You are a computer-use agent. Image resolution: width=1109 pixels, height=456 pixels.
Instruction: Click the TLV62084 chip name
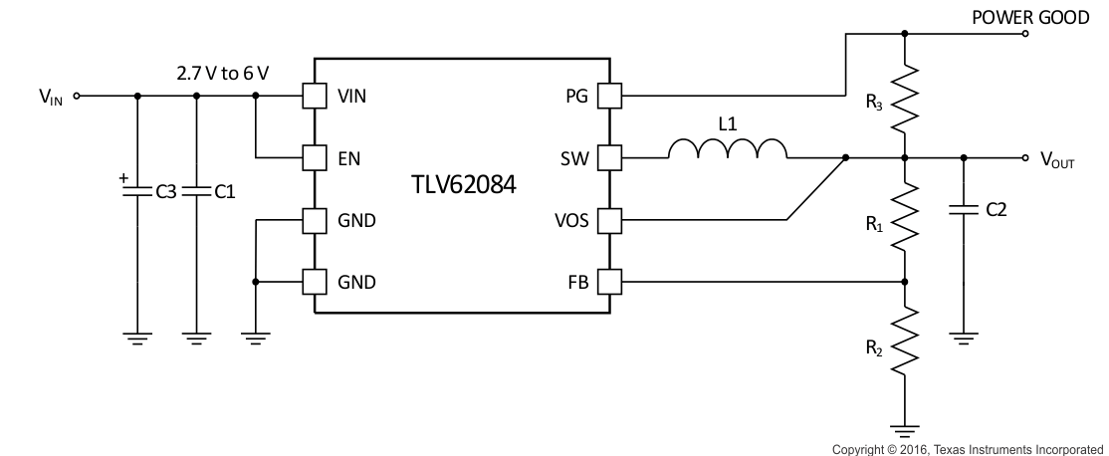[463, 185]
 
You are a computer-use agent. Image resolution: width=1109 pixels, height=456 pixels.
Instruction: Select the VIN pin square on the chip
[315, 97]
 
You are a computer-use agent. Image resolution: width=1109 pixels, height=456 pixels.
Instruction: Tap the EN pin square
[315, 157]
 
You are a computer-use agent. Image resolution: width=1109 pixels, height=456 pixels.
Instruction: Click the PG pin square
[608, 97]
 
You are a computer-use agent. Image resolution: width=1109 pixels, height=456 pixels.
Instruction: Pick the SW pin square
[608, 157]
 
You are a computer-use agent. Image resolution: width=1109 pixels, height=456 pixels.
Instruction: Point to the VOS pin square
[608, 220]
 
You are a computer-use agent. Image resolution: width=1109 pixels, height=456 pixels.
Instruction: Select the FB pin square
[608, 282]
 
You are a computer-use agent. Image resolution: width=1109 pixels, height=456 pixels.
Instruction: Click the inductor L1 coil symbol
[727, 148]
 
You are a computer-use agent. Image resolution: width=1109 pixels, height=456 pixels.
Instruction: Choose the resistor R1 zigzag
[905, 218]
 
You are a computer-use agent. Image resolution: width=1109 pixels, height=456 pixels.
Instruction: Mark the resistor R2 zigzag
[905, 342]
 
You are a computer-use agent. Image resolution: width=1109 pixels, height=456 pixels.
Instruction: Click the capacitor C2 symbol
[964, 209]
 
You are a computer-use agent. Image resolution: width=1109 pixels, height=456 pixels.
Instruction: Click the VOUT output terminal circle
[1025, 157]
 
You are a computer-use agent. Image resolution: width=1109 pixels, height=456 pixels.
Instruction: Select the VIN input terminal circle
[77, 97]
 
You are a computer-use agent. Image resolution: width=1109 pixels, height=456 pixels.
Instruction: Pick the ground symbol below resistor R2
[905, 430]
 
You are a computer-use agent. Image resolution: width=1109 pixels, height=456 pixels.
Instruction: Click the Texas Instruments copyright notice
[968, 449]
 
